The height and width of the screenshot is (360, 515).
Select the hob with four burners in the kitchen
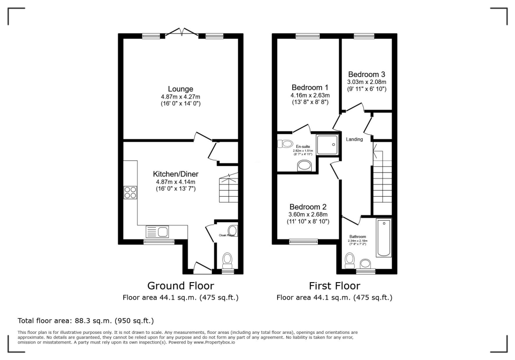[x=130, y=193]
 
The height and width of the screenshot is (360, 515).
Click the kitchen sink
[x=157, y=232]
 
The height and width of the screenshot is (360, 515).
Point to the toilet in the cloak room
[x=227, y=260]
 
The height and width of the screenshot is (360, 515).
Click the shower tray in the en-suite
[x=327, y=144]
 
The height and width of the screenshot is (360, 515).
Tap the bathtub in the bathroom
[x=383, y=237]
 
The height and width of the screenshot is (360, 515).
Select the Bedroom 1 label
[x=310, y=87]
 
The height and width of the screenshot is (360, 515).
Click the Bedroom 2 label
[x=308, y=207]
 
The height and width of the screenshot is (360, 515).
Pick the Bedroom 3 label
[x=367, y=74]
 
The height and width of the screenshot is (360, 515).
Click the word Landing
[x=354, y=139]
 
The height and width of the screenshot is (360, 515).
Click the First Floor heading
[x=334, y=286]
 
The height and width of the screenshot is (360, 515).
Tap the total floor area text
[x=85, y=320]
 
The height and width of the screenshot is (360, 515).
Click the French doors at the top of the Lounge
[x=182, y=33]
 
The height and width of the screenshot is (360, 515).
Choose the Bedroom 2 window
[x=303, y=241]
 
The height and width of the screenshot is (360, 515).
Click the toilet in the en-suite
[x=285, y=144]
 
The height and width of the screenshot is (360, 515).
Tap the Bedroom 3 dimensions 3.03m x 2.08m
[x=367, y=82]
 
